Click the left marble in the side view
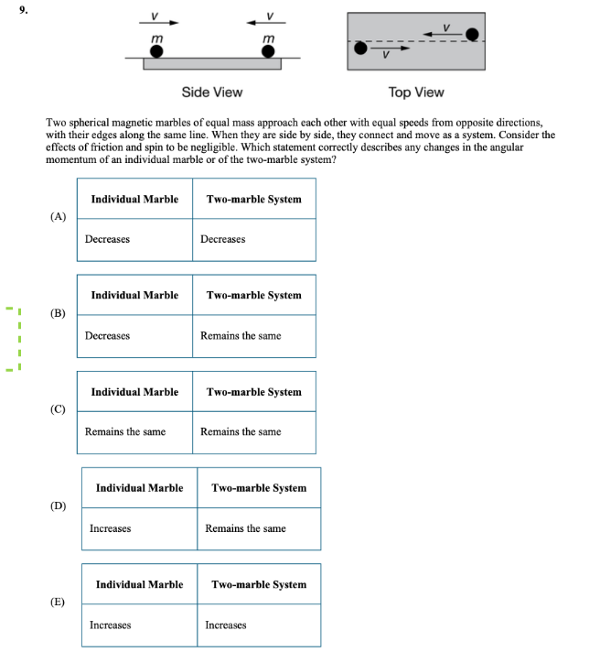[156, 51]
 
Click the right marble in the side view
[268, 51]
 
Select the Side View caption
[212, 92]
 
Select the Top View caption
[416, 92]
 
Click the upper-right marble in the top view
[472, 35]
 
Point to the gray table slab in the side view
[212, 63]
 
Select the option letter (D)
[59, 505]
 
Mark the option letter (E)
[59, 602]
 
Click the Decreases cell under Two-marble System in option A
[223, 239]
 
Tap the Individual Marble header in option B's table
[134, 295]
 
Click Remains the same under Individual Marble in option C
[125, 431]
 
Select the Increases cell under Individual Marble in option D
[110, 528]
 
